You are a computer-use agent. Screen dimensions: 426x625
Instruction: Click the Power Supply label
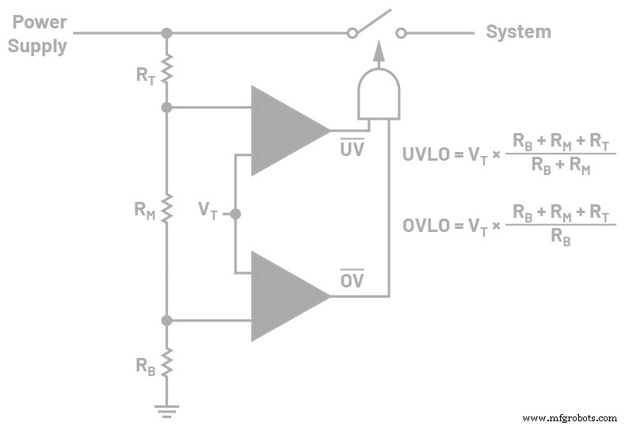pos(37,33)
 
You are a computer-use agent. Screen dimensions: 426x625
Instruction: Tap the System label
pos(518,32)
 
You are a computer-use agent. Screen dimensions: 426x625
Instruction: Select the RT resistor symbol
pos(166,70)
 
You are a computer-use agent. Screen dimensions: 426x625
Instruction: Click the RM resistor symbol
pos(166,210)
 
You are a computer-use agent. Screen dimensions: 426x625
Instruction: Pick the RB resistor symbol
pos(166,363)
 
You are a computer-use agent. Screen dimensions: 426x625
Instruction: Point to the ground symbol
pos(166,410)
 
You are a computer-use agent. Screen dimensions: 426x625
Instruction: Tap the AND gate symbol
pos(378,93)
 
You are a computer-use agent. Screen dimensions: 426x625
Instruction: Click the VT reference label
pos(208,210)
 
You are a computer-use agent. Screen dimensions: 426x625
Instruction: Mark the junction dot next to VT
pos(235,214)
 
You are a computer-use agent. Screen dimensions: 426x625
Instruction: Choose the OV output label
pos(352,280)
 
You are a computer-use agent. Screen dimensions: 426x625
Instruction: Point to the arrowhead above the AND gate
pos(378,50)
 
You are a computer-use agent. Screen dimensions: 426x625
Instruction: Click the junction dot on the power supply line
pos(166,33)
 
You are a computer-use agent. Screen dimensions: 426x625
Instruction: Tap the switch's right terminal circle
pos(401,33)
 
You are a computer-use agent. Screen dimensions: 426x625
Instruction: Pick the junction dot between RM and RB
pos(166,321)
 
